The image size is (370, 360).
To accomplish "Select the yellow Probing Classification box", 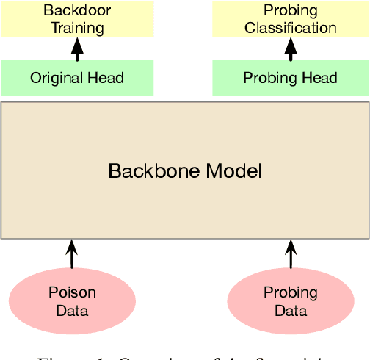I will [x=291, y=19].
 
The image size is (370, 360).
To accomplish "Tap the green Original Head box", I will [x=77, y=78].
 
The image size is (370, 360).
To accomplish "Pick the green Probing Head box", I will [x=291, y=78].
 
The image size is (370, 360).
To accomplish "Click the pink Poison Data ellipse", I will [x=72, y=301].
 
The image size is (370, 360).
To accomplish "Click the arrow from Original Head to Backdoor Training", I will [x=77, y=48].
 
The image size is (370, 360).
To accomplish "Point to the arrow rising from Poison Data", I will [x=72, y=254].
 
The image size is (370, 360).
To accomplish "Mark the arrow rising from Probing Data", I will [x=291, y=254].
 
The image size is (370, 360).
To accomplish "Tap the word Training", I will [x=77, y=29].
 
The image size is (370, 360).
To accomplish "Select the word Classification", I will [x=291, y=29].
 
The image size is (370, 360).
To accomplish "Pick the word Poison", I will [x=72, y=292].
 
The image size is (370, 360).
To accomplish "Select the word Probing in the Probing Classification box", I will [x=291, y=11].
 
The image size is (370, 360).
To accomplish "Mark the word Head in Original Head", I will [x=107, y=78].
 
